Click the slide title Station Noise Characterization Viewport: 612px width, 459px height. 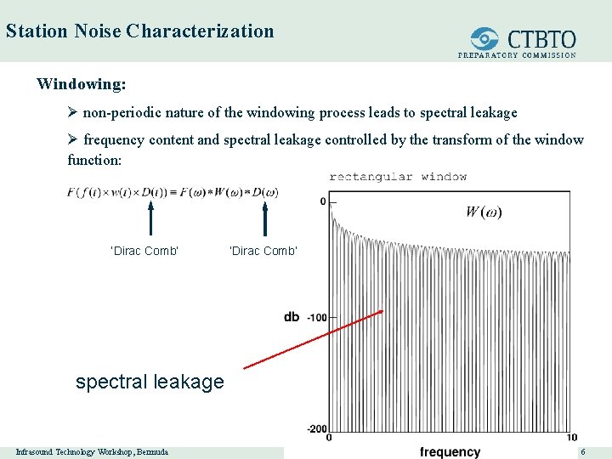click(x=139, y=31)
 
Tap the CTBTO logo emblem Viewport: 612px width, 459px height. click(x=485, y=38)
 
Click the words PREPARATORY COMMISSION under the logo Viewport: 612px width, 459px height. click(x=517, y=55)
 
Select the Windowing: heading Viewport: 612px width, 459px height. click(x=82, y=85)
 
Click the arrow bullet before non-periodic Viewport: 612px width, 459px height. click(x=73, y=112)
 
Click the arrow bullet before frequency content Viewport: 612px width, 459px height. click(x=73, y=139)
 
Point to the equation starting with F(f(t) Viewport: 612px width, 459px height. click(x=173, y=192)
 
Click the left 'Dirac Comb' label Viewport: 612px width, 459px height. click(x=144, y=251)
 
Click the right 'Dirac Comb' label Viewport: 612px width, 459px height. click(x=263, y=251)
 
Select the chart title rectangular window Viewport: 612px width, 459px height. click(x=398, y=177)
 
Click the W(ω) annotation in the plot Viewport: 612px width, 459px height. click(x=483, y=212)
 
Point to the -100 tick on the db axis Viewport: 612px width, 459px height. click(x=315, y=317)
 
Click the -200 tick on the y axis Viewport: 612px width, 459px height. click(x=315, y=428)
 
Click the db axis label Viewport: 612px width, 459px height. click(x=292, y=317)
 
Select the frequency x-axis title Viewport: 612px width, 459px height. click(x=450, y=452)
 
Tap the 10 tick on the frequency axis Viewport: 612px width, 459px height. click(x=571, y=438)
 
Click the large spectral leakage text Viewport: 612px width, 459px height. click(x=150, y=382)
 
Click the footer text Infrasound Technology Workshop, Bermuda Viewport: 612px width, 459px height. click(x=92, y=451)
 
